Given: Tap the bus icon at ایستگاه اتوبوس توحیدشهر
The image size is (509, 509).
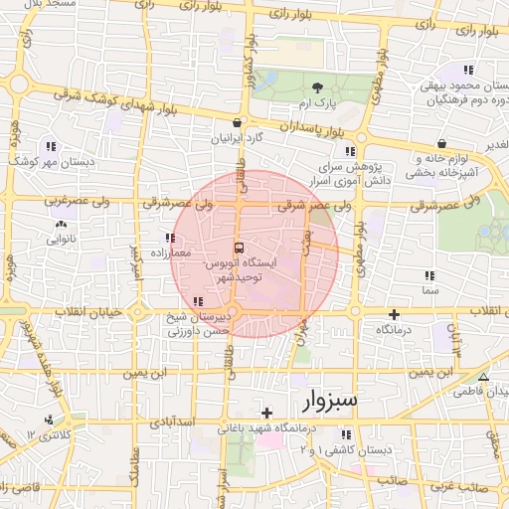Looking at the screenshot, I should click(x=240, y=247).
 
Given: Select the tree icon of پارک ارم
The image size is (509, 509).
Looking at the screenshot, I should click(x=317, y=88).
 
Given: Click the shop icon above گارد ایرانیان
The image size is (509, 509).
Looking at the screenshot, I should click(x=236, y=123).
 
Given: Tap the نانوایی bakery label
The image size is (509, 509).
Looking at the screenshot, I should click(x=55, y=240).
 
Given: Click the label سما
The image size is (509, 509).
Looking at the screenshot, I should click(x=429, y=289).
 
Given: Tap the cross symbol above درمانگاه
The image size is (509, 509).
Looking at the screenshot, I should click(x=394, y=314).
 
